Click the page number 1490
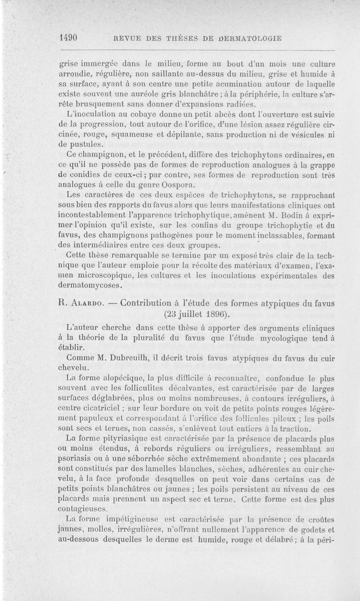[70, 38]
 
